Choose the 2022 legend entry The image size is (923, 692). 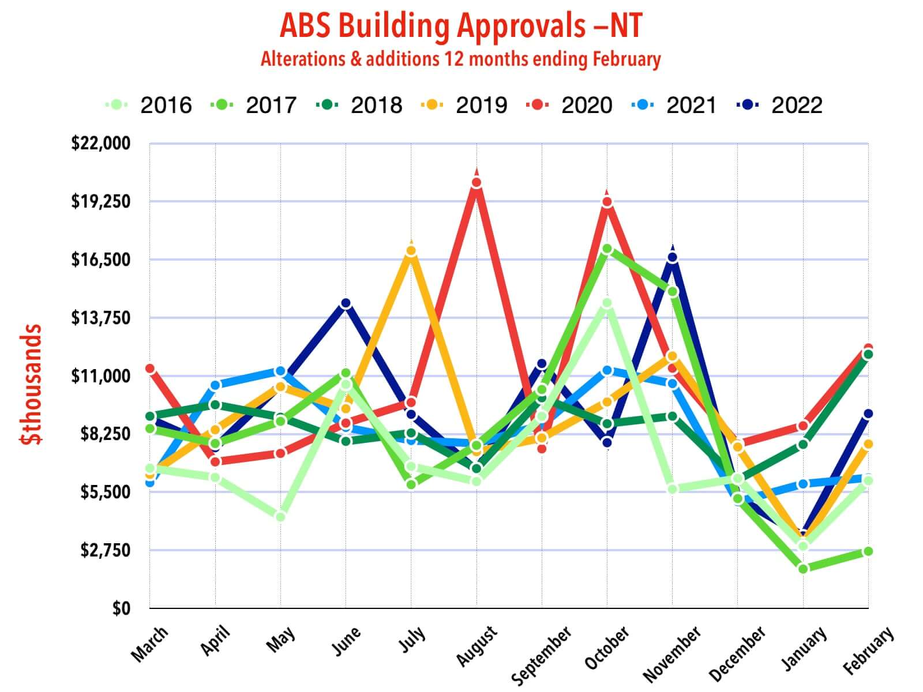(780, 105)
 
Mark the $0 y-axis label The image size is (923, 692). (121, 608)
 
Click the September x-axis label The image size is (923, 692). (542, 655)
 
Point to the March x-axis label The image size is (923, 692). (149, 643)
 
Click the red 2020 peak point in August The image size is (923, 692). (476, 183)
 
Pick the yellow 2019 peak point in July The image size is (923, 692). (411, 251)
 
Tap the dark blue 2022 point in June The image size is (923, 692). (346, 303)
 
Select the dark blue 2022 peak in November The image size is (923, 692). (673, 258)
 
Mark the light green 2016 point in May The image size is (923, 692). (280, 517)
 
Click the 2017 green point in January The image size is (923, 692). (803, 569)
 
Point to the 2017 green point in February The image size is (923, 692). (868, 552)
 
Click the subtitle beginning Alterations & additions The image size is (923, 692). (461, 59)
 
